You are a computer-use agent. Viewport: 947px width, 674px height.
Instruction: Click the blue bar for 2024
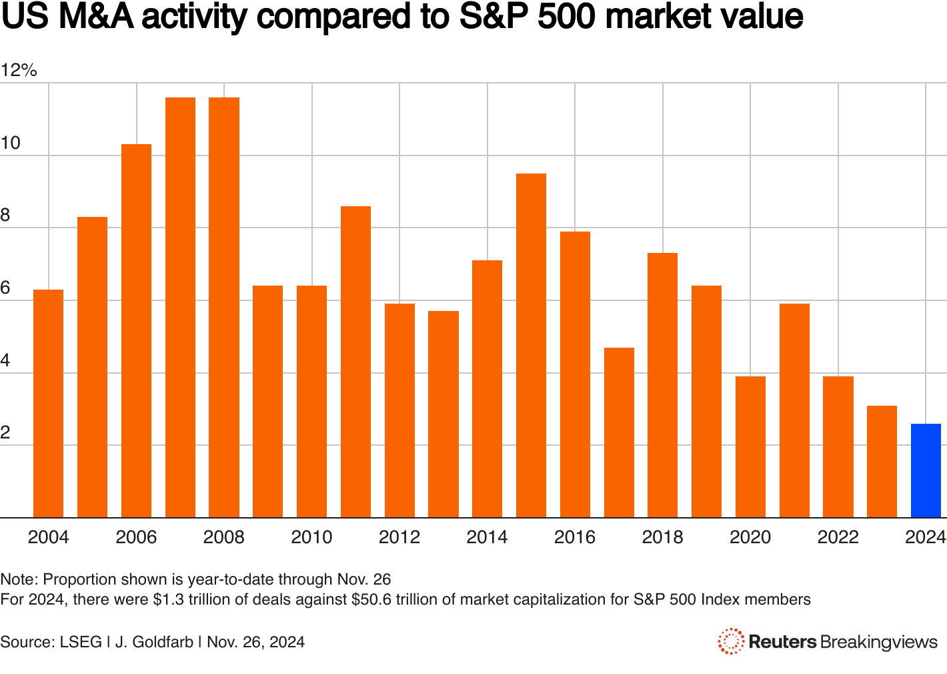[x=926, y=470]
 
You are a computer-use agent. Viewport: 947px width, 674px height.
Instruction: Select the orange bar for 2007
[x=180, y=307]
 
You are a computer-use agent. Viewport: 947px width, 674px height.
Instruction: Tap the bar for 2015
[x=531, y=345]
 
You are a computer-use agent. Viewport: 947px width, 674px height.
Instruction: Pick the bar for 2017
[x=619, y=432]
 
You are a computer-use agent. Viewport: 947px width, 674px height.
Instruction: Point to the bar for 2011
[x=355, y=362]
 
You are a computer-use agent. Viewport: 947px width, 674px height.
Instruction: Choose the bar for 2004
[x=48, y=403]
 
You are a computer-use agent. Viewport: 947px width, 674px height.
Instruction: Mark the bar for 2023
[x=882, y=461]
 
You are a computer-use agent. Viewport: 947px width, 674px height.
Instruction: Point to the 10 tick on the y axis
[x=11, y=143]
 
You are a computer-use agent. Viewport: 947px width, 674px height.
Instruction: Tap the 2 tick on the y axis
[x=6, y=432]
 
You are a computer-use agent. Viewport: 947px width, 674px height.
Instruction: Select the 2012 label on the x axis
[x=399, y=537]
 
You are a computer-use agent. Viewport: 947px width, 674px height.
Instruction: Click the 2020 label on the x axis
[x=750, y=537]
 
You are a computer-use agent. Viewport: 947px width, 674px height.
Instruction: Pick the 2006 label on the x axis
[x=136, y=537]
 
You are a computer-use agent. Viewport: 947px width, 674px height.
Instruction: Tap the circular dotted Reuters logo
[x=731, y=641]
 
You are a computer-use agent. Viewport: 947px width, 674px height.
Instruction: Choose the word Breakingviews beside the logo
[x=879, y=642]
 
